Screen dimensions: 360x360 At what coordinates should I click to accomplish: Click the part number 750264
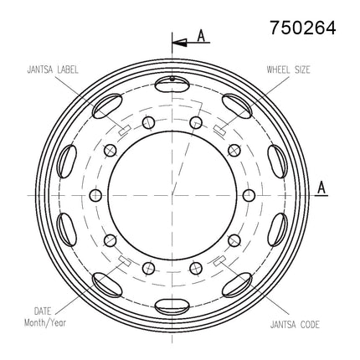303,28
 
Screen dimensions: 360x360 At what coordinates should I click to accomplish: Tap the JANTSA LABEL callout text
53,69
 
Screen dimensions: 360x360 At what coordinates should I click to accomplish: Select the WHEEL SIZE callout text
288,69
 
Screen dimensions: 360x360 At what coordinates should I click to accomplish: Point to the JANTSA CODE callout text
295,325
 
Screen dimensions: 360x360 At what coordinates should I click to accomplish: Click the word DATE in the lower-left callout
43,311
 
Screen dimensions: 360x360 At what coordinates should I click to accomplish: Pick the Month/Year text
45,323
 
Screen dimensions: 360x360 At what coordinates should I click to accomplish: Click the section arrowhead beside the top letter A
179,43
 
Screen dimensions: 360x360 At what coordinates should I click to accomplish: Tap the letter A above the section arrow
201,36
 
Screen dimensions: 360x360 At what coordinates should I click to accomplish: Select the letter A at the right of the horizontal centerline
321,188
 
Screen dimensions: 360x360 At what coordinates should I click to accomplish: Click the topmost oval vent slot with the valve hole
172,84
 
